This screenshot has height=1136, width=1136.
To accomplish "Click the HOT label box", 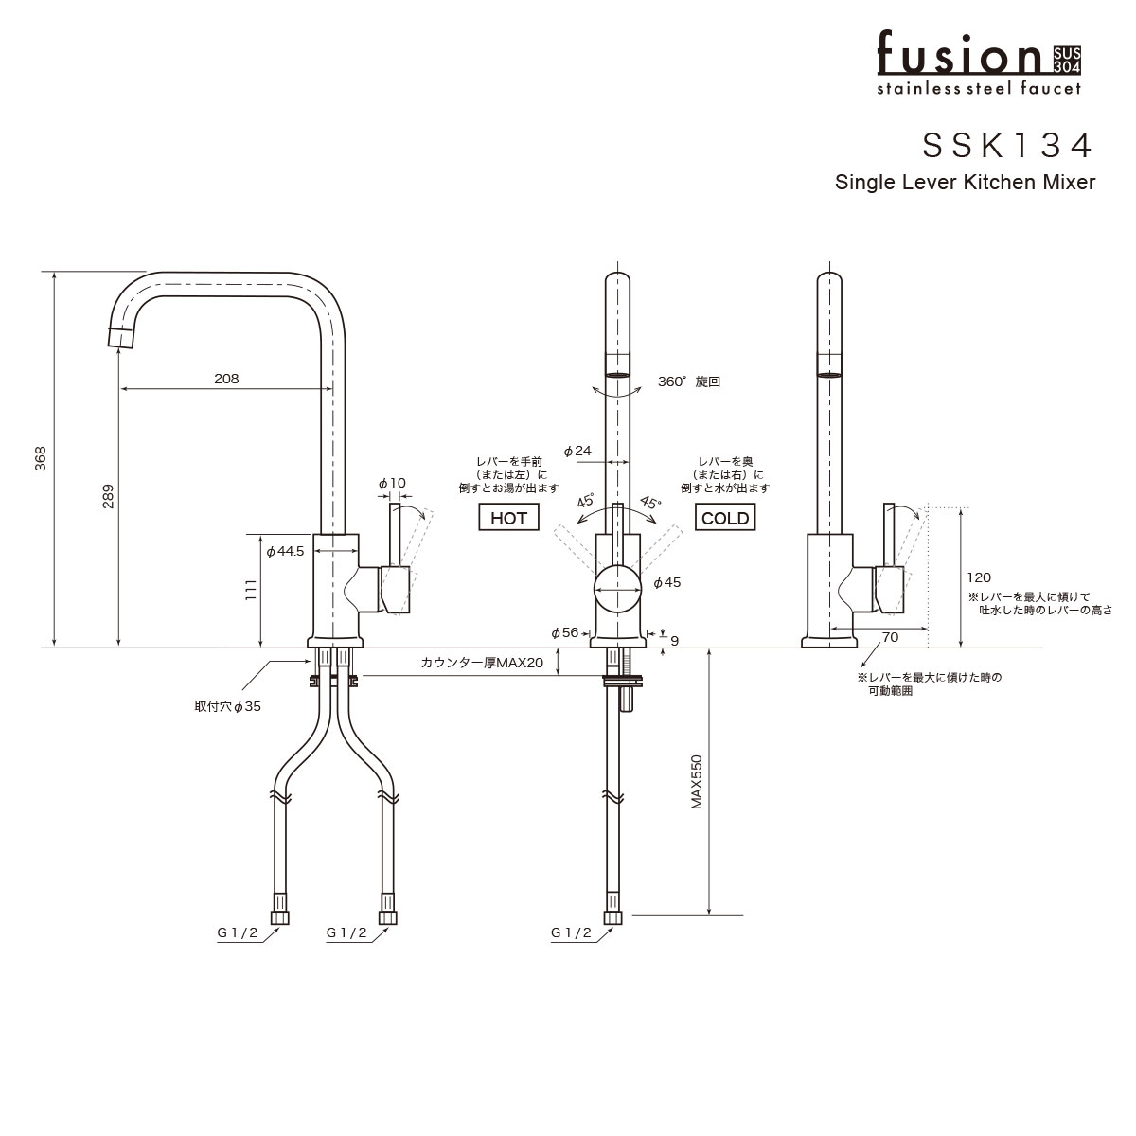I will tap(508, 518).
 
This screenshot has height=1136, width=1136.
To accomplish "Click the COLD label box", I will tap(725, 518).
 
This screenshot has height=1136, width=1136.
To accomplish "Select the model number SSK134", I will tap(1008, 145).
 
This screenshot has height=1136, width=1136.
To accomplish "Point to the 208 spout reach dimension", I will tap(226, 379).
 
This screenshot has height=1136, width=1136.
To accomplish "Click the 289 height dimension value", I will tap(107, 499).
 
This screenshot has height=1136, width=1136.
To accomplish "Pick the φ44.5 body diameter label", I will tap(284, 551).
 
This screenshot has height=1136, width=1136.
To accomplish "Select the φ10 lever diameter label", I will tap(392, 483).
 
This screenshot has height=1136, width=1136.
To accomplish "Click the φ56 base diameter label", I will tap(564, 632).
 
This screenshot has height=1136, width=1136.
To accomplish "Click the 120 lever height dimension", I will tap(979, 577).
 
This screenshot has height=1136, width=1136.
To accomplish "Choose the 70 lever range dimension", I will tap(890, 637).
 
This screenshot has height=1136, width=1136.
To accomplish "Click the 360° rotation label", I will tap(689, 382).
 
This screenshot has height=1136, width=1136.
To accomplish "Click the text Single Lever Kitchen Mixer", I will tap(965, 183).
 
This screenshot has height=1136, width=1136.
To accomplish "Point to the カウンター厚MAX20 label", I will tap(482, 664).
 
